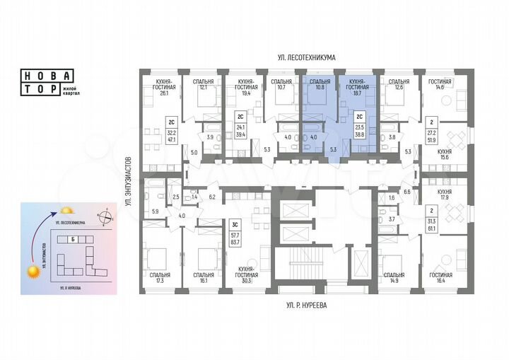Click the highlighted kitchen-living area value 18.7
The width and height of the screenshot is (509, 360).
(x=360, y=92)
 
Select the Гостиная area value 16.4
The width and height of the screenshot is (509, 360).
(x=440, y=281)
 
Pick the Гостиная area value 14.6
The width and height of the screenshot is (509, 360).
(x=440, y=88)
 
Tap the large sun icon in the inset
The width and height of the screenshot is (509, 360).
(x=34, y=269)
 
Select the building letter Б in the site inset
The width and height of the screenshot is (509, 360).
(x=74, y=239)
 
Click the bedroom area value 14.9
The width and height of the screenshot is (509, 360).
(x=394, y=281)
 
